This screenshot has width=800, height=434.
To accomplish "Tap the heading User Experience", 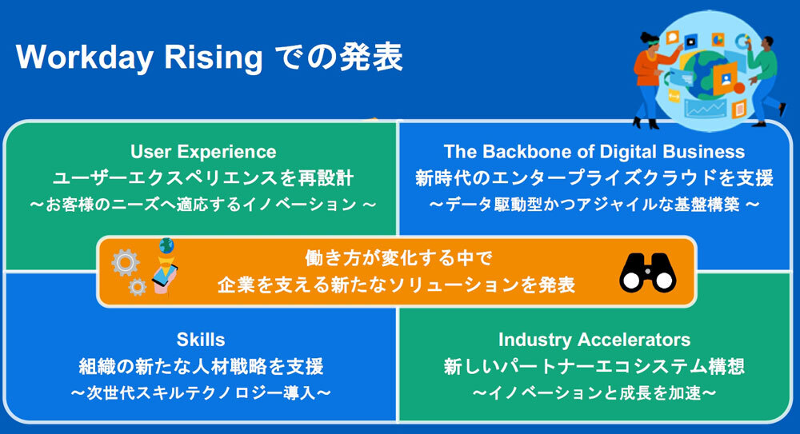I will (203, 152).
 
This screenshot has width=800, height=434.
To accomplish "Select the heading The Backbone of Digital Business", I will (594, 152).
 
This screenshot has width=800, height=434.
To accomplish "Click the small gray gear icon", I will (138, 287).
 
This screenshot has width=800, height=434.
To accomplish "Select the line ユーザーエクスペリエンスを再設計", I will (203, 177).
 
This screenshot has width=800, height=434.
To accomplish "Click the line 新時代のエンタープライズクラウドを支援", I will (594, 177).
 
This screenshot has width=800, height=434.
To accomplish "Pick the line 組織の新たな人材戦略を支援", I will (201, 367).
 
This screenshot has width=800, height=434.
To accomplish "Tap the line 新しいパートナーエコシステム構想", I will (594, 367).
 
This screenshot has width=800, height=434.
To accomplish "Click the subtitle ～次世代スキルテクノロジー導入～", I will (201, 393).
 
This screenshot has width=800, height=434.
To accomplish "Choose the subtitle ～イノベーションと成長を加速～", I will (594, 393).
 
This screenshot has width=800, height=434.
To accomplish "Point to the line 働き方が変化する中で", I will (397, 259).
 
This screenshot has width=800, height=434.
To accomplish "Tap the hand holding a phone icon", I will (165, 272).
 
